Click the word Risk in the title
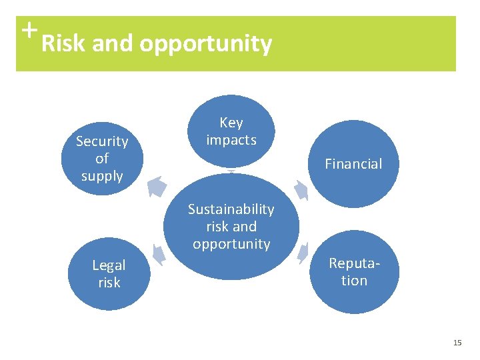[x=64, y=44]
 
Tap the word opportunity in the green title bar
[x=206, y=44]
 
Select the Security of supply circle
[x=102, y=158]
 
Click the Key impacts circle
[x=231, y=131]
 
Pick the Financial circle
[x=353, y=163]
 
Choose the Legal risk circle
[x=109, y=274]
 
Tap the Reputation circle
[x=354, y=272]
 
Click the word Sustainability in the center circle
[x=231, y=209]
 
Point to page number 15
[x=457, y=343]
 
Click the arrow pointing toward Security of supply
[x=157, y=186]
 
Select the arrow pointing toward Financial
[x=301, y=189]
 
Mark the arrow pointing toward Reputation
[x=304, y=251]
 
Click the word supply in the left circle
[x=102, y=176]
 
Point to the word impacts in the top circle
[x=231, y=140]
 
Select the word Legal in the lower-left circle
[x=109, y=265]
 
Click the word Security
[x=102, y=141]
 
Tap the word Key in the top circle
[x=231, y=123]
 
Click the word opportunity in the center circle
[x=231, y=244]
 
